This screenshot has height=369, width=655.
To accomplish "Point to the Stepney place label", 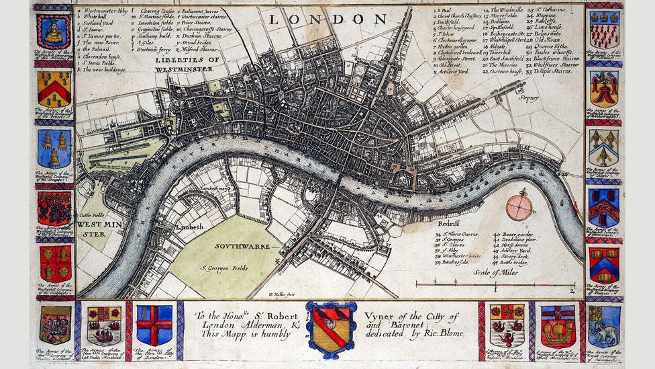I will (528, 97).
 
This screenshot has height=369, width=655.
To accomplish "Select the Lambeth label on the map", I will (190, 227).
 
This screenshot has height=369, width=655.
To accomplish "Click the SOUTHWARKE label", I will (242, 246).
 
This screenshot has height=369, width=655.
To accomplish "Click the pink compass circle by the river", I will (519, 207).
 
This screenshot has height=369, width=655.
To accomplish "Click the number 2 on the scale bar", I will (571, 290).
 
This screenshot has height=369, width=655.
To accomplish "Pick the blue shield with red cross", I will (154, 325).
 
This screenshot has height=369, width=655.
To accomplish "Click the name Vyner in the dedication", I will (386, 317).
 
